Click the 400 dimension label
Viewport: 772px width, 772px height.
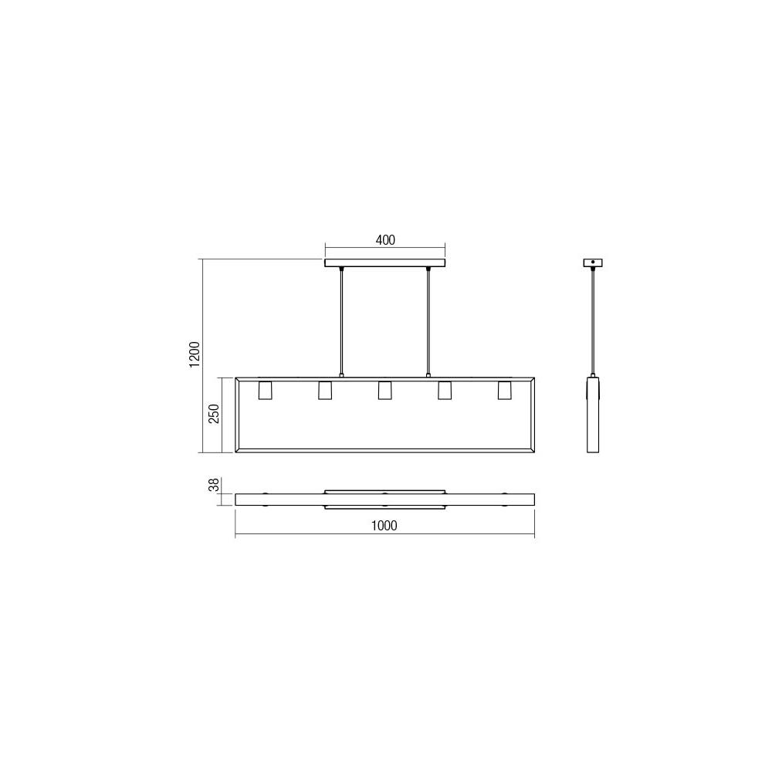pyautogui.click(x=385, y=240)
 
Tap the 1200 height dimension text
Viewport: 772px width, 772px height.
pyautogui.click(x=195, y=354)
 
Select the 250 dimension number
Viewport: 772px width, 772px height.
pyautogui.click(x=215, y=414)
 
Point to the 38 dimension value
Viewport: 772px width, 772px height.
pyautogui.click(x=215, y=486)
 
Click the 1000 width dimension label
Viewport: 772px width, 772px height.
pyautogui.click(x=384, y=526)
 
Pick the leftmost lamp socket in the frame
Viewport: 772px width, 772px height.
pyautogui.click(x=265, y=391)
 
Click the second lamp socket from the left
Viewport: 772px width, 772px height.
pyautogui.click(x=324, y=391)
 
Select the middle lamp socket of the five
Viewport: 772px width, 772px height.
pyautogui.click(x=384, y=391)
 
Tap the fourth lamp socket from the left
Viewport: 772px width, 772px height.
pyautogui.click(x=445, y=391)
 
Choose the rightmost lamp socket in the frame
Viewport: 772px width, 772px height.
pyautogui.click(x=504, y=391)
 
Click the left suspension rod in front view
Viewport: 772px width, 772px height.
pyautogui.click(x=341, y=320)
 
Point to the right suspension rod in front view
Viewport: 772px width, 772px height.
pyautogui.click(x=428, y=320)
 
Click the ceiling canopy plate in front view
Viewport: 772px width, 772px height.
pyautogui.click(x=385, y=263)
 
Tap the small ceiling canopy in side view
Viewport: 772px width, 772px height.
pyautogui.click(x=593, y=262)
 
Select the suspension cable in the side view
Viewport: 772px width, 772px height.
pyautogui.click(x=593, y=320)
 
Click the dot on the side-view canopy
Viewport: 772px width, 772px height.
pyautogui.click(x=593, y=262)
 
